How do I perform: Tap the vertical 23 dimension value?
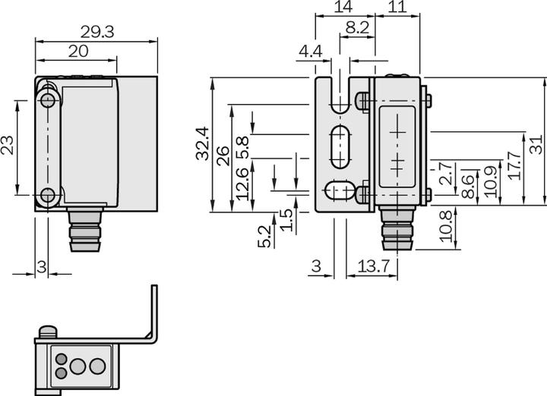pos(8,145)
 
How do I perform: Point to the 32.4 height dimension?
pos(202,143)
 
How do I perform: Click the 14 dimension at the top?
pos(343,8)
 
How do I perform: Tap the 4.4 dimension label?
pos(311,51)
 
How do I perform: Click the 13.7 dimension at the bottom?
pos(372,266)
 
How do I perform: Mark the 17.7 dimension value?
pos(514,165)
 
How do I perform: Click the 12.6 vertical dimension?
pos(242,184)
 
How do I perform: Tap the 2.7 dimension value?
pos(447,174)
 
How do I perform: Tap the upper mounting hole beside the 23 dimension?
pos(48,101)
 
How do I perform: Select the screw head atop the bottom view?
pos(48,332)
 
